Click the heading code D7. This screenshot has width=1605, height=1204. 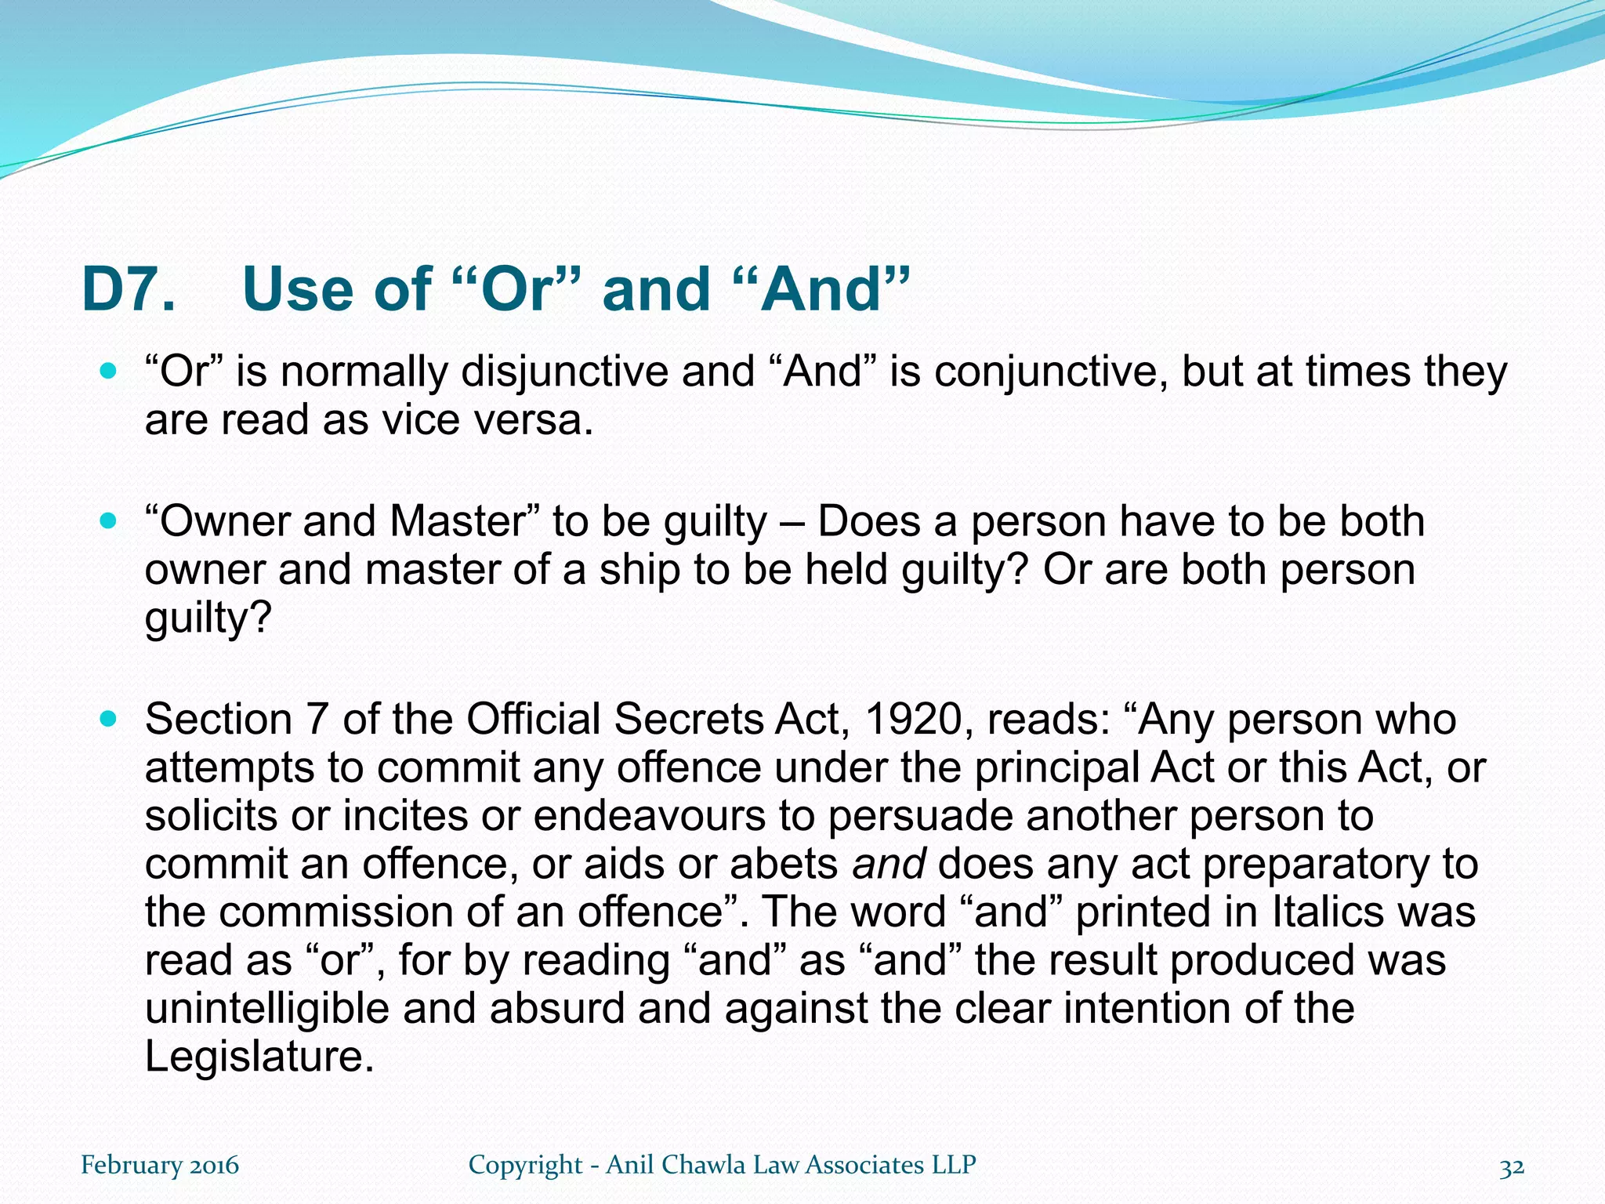[129, 289]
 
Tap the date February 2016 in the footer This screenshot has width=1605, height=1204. [160, 1165]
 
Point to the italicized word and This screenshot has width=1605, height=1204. [889, 864]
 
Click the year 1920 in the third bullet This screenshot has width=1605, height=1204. [913, 719]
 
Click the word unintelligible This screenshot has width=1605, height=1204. [266, 1008]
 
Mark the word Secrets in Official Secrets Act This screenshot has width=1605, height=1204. [687, 719]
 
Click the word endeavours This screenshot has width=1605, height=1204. [649, 815]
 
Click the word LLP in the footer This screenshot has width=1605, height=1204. [953, 1165]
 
